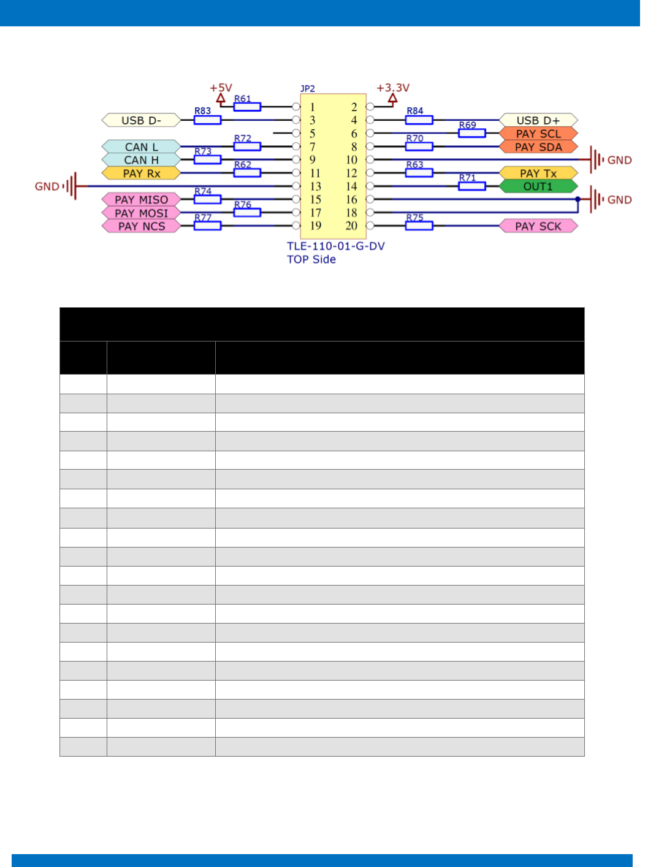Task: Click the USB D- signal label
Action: pyautogui.click(x=141, y=120)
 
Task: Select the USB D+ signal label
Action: pyautogui.click(x=538, y=120)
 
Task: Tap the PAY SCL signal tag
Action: pyautogui.click(x=538, y=134)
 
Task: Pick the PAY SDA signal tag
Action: pyautogui.click(x=538, y=147)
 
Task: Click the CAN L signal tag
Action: pyautogui.click(x=141, y=147)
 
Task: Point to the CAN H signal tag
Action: pyautogui.click(x=141, y=160)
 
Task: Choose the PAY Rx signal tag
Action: pyautogui.click(x=141, y=174)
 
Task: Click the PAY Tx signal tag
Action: pyautogui.click(x=538, y=174)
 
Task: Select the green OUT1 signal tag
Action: pyautogui.click(x=538, y=186)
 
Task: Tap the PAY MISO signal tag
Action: pyautogui.click(x=141, y=200)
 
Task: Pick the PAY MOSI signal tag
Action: pyautogui.click(x=141, y=213)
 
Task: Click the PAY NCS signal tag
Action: pyautogui.click(x=141, y=226)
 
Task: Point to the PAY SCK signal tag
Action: pyautogui.click(x=538, y=226)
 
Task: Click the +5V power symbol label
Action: pyautogui.click(x=221, y=88)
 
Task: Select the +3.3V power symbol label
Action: pyautogui.click(x=393, y=88)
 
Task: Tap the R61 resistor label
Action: pyautogui.click(x=243, y=99)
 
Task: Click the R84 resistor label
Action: pyautogui.click(x=415, y=111)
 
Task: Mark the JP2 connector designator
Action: pyautogui.click(x=307, y=89)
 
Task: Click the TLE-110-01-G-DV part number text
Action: pyautogui.click(x=335, y=246)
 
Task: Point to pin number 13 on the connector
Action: pyautogui.click(x=315, y=186)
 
